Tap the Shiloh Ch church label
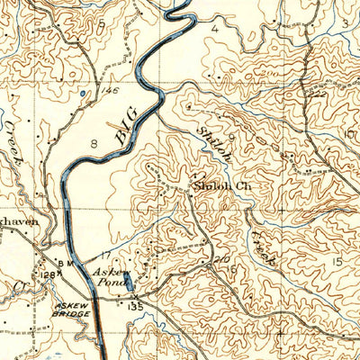pyautogui.click(x=214, y=189)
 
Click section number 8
pyautogui.click(x=93, y=143)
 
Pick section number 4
pyautogui.click(x=215, y=28)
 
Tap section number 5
pyautogui.click(x=102, y=22)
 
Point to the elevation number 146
pyautogui.click(x=110, y=91)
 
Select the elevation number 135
pyautogui.click(x=136, y=306)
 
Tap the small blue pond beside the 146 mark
pyautogui.click(x=83, y=93)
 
